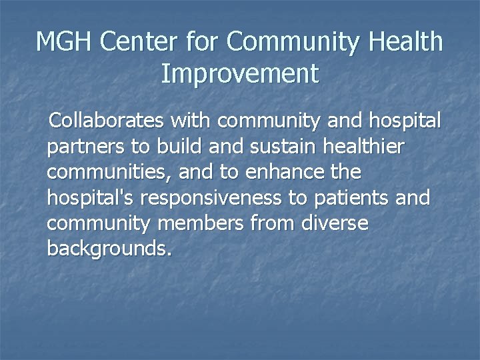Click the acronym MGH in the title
[64, 42]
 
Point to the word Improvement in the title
[240, 74]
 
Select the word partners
[84, 148]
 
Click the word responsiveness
[217, 198]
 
